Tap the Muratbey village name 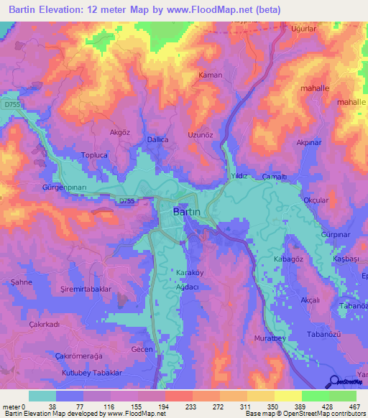pos(271,338)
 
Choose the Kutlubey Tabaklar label pos(94,373)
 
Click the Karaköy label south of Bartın pos(190,274)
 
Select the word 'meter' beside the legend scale pos(11,407)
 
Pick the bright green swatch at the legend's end pos(343,396)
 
